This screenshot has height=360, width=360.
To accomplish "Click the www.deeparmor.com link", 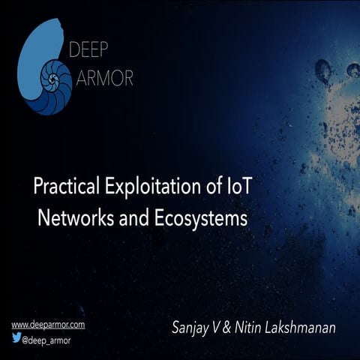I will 48,325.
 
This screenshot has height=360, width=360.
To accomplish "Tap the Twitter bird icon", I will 16,337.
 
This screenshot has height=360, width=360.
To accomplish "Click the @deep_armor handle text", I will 51,338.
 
